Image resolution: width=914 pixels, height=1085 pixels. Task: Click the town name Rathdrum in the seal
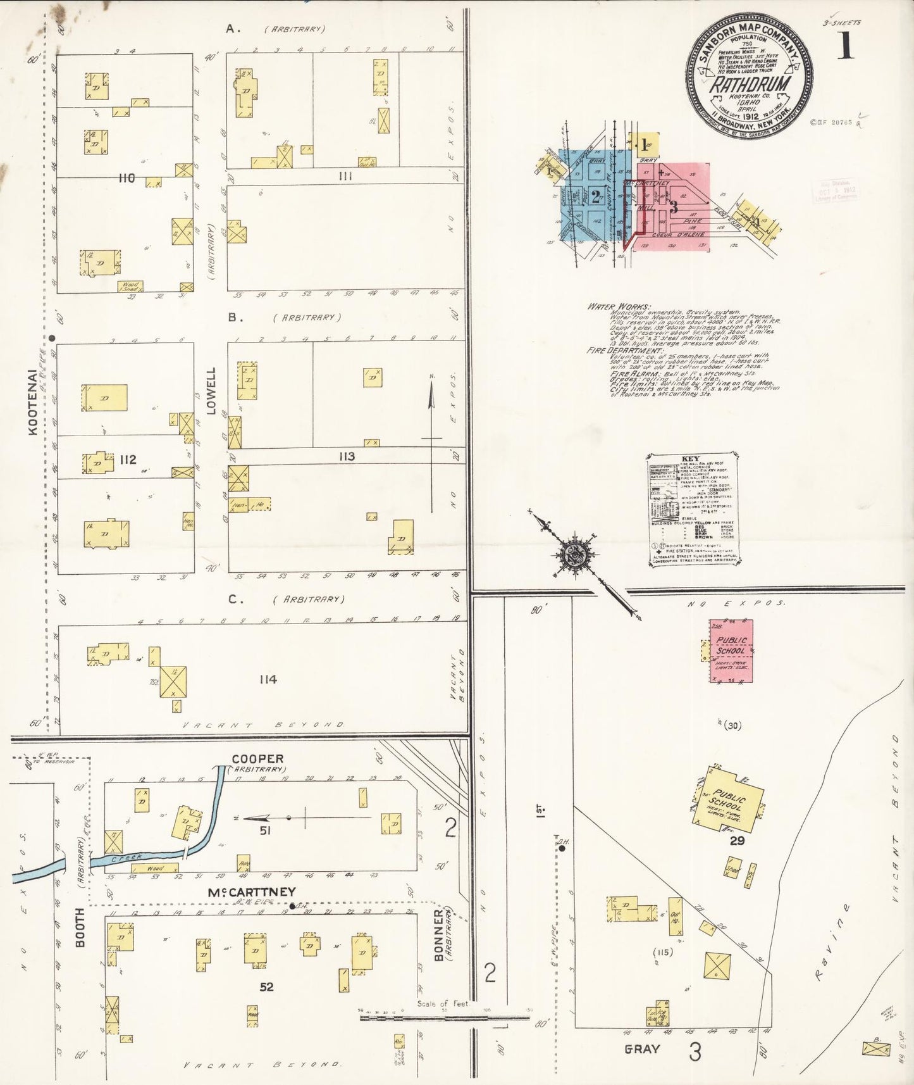[749, 85]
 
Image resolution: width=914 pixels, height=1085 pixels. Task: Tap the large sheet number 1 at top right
[846, 45]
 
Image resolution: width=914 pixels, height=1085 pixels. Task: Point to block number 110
[127, 179]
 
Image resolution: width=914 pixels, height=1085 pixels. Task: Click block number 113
[346, 456]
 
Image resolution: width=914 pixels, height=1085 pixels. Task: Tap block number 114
[268, 679]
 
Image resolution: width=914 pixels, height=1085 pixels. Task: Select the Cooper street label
[257, 758]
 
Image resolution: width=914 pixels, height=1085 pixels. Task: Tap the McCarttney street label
[252, 892]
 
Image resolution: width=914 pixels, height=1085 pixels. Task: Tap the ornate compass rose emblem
[576, 555]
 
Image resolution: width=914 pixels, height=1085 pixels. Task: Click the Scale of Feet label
[442, 1004]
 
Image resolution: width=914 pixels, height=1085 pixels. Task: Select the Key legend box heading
[691, 459]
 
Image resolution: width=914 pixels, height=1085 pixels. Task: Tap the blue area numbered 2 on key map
[595, 196]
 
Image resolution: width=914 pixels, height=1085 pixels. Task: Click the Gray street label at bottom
[642, 1049]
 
